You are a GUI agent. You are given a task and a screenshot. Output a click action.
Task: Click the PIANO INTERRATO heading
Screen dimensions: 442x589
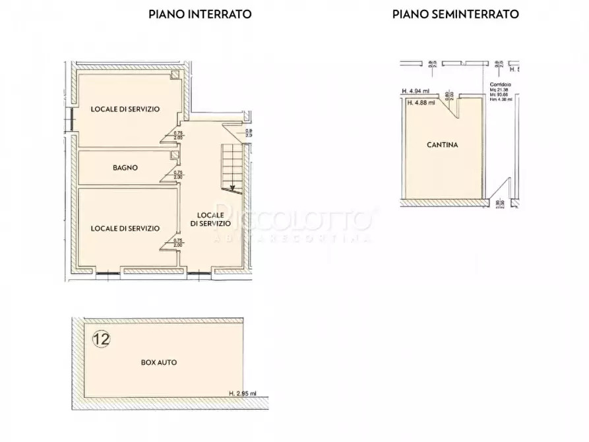point(200,14)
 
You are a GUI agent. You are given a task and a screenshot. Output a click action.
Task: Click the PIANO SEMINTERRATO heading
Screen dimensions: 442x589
point(455,14)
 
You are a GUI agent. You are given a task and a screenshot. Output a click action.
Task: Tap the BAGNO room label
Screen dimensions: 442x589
point(125,168)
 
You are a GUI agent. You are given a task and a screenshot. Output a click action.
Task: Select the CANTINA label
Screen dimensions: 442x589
point(442,144)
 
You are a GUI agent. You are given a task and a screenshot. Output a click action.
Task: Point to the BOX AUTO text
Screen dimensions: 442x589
point(159,362)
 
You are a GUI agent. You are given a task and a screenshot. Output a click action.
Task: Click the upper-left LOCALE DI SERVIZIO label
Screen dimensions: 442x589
point(126,109)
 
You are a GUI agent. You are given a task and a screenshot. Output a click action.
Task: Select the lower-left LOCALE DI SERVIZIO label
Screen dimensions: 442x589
point(125,228)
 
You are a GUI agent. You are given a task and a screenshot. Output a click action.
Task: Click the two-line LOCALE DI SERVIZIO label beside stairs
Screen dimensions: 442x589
point(210,220)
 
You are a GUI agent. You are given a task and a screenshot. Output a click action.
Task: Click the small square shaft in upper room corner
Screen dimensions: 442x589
point(175,76)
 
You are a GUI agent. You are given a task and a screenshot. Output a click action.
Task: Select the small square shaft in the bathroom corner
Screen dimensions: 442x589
point(174,156)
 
